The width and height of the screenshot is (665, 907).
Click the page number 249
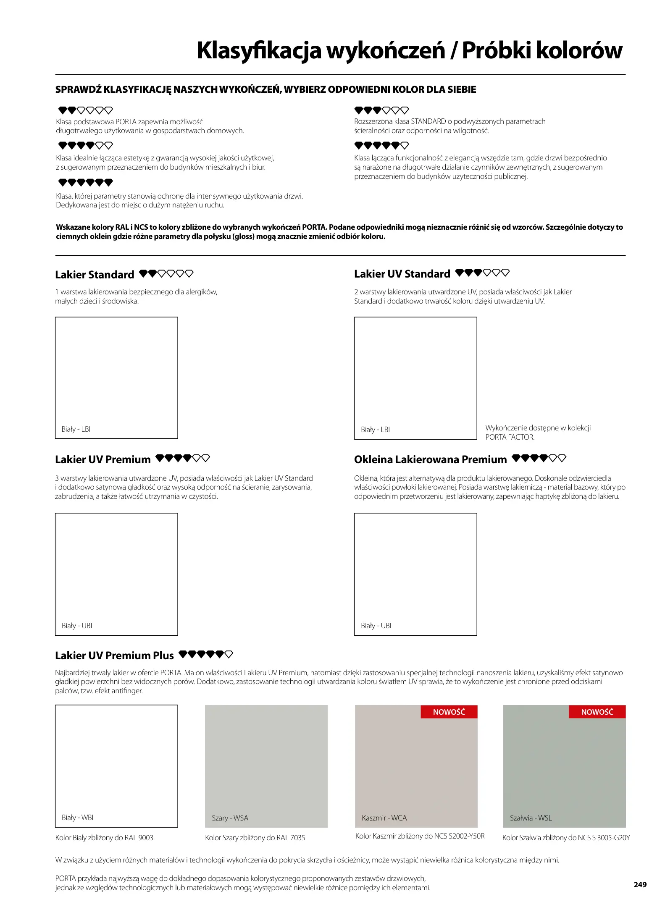point(640,884)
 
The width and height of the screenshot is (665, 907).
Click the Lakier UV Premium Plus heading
point(114,655)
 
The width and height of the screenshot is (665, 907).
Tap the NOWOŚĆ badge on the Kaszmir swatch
point(449,712)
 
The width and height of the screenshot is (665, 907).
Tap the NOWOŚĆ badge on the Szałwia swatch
point(597,712)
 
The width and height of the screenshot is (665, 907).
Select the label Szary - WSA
point(230,818)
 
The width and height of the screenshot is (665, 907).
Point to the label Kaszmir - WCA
point(384,818)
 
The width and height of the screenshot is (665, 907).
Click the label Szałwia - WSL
point(531,818)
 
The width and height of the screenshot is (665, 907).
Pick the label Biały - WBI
point(77,818)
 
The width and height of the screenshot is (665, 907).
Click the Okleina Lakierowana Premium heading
point(430,459)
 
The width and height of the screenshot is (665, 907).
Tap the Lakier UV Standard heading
point(402,274)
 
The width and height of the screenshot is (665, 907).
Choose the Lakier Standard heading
point(95,275)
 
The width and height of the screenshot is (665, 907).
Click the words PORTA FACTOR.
point(510,437)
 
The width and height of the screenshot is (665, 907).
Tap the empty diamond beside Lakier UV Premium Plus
point(229,654)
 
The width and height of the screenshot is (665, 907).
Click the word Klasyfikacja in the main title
point(259,50)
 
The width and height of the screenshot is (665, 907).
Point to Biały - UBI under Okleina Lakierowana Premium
point(376,626)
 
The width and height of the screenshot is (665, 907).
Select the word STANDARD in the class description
point(428,121)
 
